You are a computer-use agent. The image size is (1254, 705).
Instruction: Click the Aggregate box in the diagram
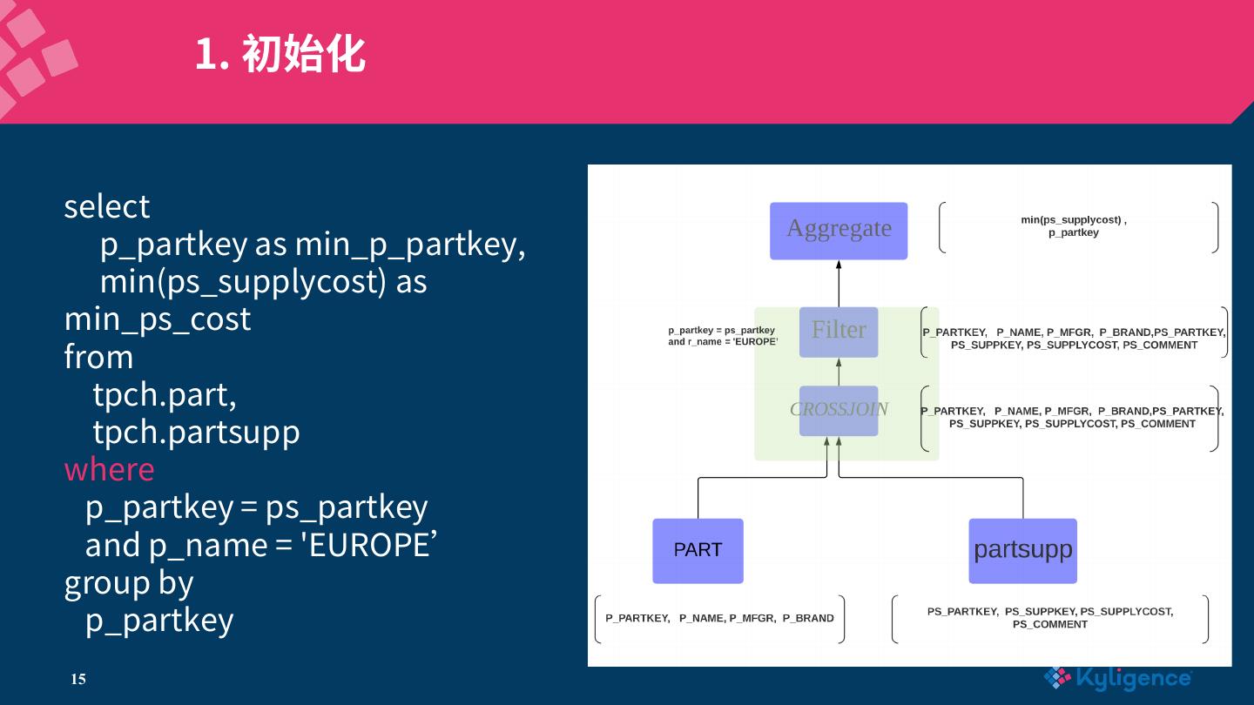tap(838, 231)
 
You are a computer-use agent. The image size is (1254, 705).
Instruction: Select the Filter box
tap(838, 332)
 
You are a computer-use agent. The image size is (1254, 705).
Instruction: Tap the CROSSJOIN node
tap(838, 410)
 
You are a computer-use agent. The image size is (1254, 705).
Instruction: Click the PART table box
tap(698, 550)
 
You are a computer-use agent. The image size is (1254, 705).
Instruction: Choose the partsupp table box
tap(1022, 550)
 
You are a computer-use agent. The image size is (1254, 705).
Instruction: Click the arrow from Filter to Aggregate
tap(839, 283)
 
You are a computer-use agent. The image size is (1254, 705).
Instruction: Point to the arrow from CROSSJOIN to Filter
tap(839, 372)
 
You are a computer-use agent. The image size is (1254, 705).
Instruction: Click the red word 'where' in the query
tap(109, 469)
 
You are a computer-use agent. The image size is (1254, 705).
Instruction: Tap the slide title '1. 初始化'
tap(279, 54)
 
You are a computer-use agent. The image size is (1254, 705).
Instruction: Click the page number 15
tap(78, 679)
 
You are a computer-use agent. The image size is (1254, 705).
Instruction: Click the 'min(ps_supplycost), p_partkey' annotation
tap(1073, 226)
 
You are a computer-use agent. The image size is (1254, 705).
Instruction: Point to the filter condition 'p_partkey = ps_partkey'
tap(721, 331)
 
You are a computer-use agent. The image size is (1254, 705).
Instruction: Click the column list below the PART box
tap(719, 618)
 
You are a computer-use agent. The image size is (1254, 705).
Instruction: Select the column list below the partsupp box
tap(1049, 618)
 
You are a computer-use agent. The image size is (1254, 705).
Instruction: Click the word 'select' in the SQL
tap(106, 207)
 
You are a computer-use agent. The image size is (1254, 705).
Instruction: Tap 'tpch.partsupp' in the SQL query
tap(196, 432)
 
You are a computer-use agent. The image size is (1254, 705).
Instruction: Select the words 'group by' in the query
tap(128, 582)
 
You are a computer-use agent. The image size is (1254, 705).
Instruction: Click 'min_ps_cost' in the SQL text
tap(157, 319)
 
